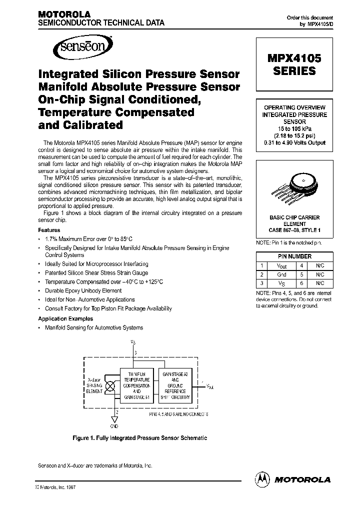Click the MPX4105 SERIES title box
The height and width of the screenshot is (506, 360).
[294, 65]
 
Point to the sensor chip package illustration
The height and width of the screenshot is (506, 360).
[294, 189]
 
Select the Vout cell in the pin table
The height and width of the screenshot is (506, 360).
[282, 266]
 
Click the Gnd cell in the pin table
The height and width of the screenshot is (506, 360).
[282, 275]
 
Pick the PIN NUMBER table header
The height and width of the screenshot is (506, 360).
[294, 256]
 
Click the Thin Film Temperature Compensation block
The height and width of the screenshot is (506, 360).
[136, 386]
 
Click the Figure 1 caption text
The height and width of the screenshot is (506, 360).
[139, 438]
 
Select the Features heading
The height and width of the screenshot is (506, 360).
[49, 230]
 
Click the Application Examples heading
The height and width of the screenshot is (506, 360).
[65, 318]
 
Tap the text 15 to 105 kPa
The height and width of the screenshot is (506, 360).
[294, 129]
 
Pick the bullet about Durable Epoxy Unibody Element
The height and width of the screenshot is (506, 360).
[83, 290]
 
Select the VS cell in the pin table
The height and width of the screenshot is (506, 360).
[282, 283]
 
